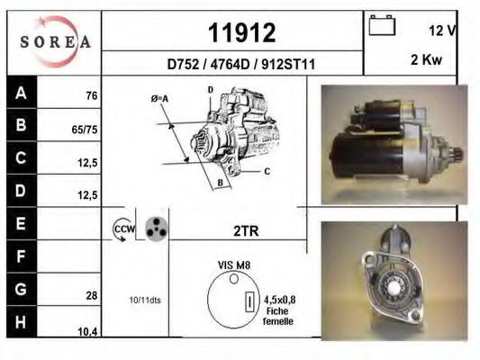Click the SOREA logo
(x=55, y=41)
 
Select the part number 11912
(x=242, y=32)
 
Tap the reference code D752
(x=183, y=65)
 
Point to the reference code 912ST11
(x=288, y=65)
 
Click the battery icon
(x=382, y=25)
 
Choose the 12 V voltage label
(x=442, y=31)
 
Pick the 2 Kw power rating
(x=427, y=59)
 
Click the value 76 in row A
(x=92, y=95)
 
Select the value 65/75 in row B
(x=85, y=130)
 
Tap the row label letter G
(x=21, y=289)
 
